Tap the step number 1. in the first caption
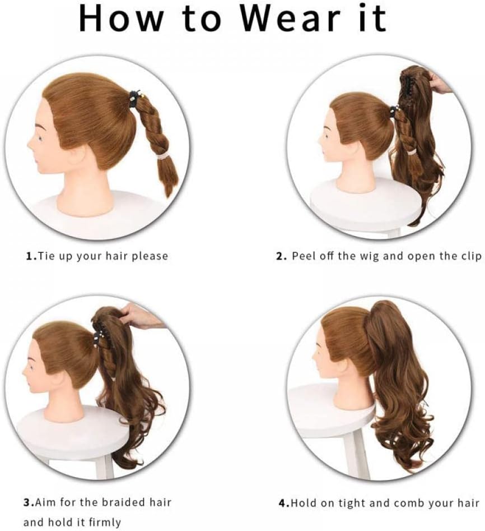point(31,256)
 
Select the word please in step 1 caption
point(150,256)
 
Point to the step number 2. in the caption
point(282,256)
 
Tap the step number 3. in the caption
point(29,502)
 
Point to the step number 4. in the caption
point(285,503)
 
